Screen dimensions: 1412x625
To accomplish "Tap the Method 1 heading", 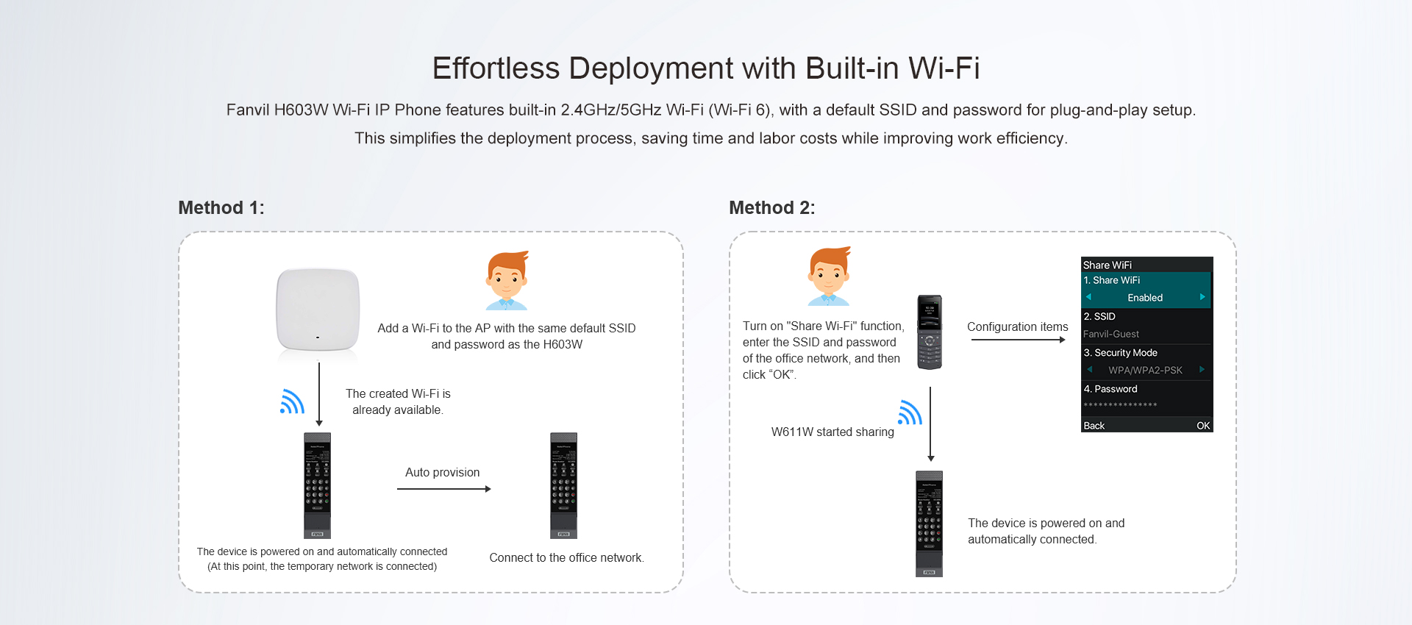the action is [221, 208].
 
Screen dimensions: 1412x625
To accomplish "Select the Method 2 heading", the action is [772, 208].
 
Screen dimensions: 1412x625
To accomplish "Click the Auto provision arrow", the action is [444, 489].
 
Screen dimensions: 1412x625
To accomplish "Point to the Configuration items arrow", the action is [1019, 340].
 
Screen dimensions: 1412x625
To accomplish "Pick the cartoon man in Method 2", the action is [829, 276].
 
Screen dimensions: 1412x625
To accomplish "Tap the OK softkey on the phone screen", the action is [1203, 426].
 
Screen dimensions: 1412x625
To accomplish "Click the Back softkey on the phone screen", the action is [1094, 426].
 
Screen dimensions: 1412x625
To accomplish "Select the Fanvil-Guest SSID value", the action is [1111, 334].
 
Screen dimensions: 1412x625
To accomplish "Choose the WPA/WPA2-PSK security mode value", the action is [1145, 371].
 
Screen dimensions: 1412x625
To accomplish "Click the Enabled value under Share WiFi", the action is [1145, 298].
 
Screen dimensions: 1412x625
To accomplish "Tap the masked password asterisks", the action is [1120, 405].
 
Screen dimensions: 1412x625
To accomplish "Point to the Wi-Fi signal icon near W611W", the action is [910, 413].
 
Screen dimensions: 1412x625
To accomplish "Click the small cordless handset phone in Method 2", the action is [930, 332].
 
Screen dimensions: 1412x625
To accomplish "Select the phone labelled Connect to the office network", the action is [564, 485].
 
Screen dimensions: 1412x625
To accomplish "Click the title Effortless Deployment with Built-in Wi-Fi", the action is [706, 68].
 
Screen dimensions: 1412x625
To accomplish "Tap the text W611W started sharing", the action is [832, 432].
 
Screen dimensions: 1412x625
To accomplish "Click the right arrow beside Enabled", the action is [1202, 297].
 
